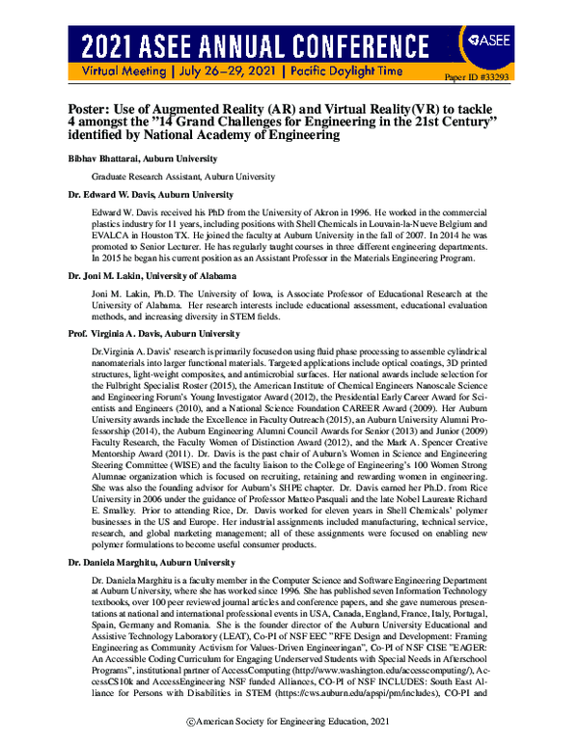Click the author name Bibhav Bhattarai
click(101, 157)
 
